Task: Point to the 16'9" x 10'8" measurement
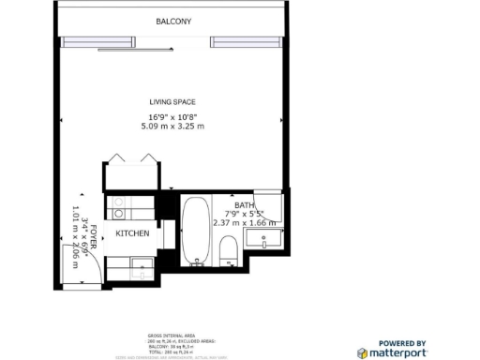(x=171, y=116)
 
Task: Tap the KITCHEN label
(x=132, y=233)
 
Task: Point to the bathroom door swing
(x=266, y=206)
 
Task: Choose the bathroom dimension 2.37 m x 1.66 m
(x=246, y=223)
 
